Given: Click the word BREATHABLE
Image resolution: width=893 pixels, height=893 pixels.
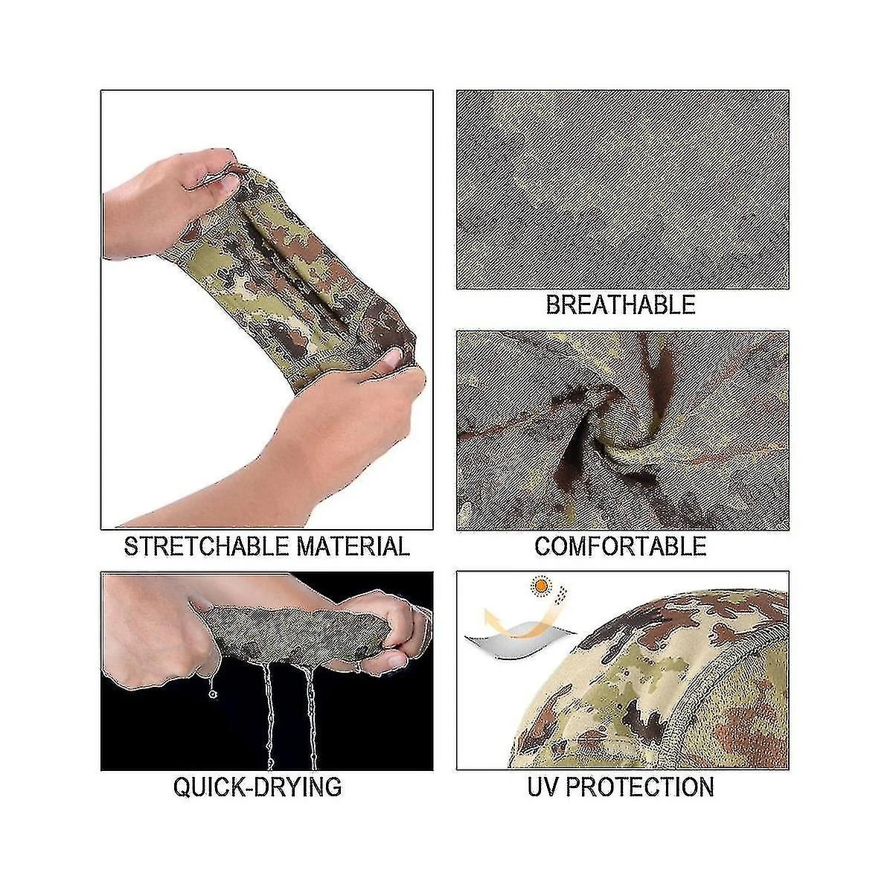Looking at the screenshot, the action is pos(621,304).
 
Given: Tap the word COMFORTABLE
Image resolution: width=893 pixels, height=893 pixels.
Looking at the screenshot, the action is pos(621,546).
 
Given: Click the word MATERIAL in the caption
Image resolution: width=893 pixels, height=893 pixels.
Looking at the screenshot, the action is pos(353,546).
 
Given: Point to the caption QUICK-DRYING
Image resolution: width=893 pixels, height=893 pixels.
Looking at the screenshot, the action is pos(257,787).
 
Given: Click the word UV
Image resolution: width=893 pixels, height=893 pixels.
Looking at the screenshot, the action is pos(543,787).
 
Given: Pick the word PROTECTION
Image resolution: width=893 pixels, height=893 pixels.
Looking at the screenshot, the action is pos(640,787).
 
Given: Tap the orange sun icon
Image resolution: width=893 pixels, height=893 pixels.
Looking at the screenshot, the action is pos(540,586).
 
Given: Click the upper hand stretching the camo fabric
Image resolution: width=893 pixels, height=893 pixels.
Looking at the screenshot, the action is pos(171,204).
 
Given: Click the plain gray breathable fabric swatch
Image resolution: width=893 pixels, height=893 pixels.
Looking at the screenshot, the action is pos(622,190).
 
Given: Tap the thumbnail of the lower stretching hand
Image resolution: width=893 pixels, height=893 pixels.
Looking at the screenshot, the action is pos(394,358).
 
